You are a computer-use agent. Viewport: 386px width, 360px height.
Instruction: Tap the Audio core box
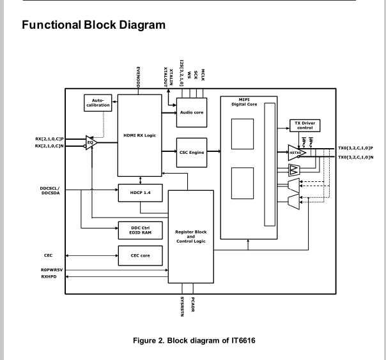(x=191, y=112)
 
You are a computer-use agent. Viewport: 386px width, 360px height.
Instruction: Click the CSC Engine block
(x=191, y=152)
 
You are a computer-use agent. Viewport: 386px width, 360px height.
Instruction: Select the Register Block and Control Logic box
(x=191, y=237)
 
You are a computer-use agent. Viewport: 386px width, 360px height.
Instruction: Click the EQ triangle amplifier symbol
(x=91, y=142)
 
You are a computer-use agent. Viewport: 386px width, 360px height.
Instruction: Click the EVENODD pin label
(x=138, y=76)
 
